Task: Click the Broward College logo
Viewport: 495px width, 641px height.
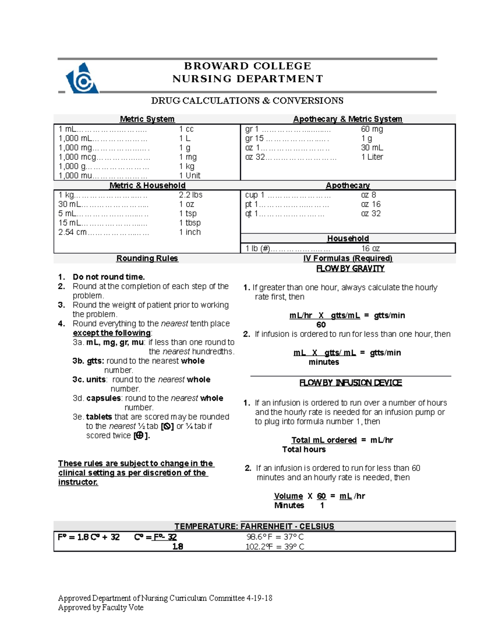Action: click(82, 78)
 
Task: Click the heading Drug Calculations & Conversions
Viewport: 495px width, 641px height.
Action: click(247, 101)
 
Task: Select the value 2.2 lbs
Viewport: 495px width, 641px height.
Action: click(191, 195)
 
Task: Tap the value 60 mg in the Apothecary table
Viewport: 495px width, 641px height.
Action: click(372, 129)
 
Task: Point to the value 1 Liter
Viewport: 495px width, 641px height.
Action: click(372, 157)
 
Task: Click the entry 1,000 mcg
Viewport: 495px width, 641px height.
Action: click(77, 157)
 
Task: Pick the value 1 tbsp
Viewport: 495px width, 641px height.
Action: click(190, 223)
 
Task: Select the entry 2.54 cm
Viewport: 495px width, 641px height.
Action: click(73, 232)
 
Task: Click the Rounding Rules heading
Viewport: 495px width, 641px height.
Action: click(147, 258)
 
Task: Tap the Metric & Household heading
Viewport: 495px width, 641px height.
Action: click(147, 185)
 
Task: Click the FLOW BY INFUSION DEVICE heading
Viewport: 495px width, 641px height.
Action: click(350, 383)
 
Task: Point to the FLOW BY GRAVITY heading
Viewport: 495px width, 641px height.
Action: click(350, 269)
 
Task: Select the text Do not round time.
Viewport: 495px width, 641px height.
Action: click(108, 277)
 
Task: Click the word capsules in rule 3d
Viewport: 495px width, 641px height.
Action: click(103, 398)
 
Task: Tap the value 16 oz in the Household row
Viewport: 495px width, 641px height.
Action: click(370, 248)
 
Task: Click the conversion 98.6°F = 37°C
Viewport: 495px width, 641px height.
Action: click(275, 537)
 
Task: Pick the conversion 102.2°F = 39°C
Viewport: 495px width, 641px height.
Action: click(275, 547)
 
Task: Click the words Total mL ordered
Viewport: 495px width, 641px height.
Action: click(324, 440)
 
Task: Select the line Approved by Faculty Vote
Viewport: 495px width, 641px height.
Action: click(101, 608)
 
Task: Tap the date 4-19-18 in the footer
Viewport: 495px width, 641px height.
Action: click(259, 598)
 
